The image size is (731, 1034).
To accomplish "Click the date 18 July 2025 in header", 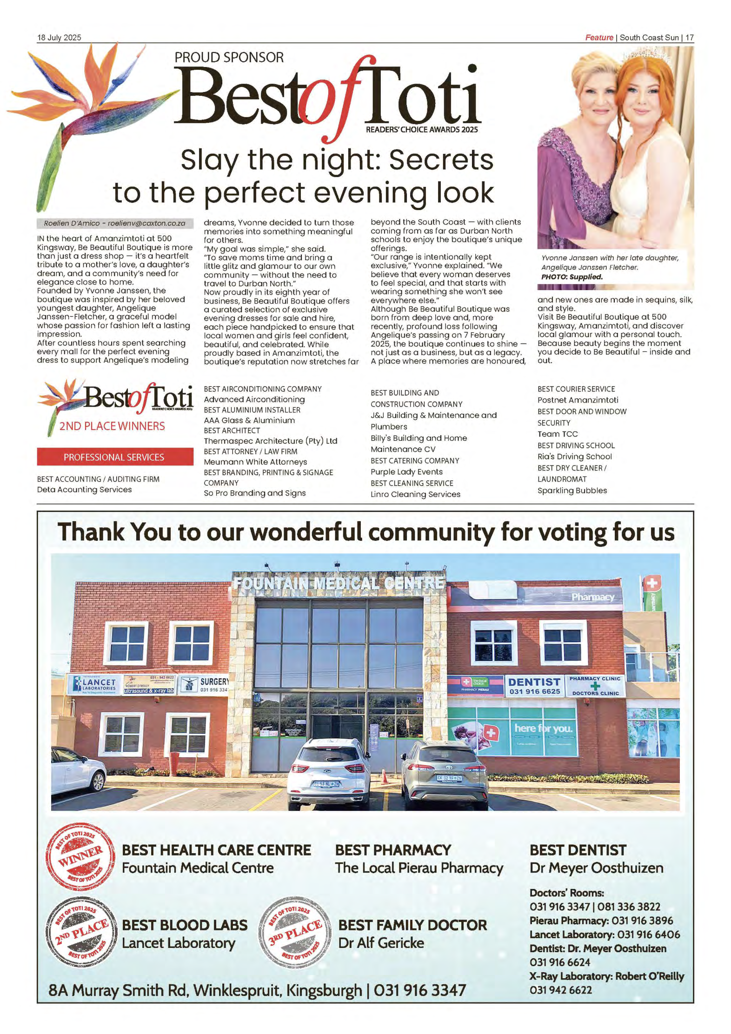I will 59,38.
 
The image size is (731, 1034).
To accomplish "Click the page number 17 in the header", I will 689,38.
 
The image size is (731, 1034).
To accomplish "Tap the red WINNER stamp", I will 80,856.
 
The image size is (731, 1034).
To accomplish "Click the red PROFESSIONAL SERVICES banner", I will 115,457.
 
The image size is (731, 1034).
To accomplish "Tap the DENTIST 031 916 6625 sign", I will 534,685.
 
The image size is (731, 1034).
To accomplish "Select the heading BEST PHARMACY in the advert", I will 393,850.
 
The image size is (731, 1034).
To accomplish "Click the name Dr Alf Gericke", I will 381,942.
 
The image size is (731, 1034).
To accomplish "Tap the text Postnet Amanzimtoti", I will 578,400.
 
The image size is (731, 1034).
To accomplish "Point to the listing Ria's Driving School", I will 574,457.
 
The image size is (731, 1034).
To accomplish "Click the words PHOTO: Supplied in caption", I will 572,277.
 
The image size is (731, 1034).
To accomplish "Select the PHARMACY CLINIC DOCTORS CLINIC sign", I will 595,685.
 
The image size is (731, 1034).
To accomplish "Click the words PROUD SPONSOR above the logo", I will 229,58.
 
